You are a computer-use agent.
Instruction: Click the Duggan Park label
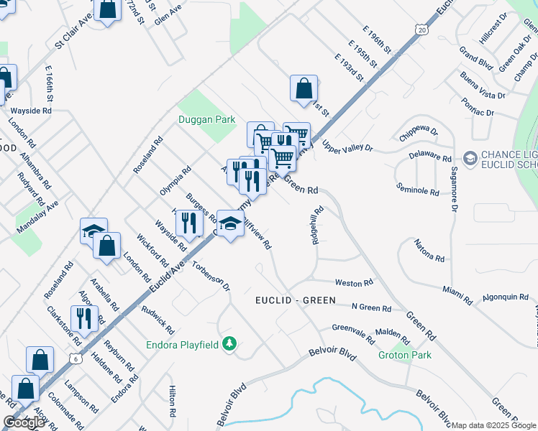(207, 119)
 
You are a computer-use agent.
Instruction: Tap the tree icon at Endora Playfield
(229, 344)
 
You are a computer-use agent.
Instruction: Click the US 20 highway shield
(421, 29)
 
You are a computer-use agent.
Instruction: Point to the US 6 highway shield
(75, 358)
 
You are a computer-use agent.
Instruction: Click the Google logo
(24, 422)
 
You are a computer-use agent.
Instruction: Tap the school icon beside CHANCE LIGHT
(470, 157)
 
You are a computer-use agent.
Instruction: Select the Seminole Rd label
(418, 190)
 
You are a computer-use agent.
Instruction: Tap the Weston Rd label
(354, 283)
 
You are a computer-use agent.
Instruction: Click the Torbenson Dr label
(211, 274)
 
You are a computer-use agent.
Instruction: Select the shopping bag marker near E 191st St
(304, 88)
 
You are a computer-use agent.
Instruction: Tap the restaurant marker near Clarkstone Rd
(84, 318)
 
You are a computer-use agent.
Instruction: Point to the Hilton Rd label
(173, 402)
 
